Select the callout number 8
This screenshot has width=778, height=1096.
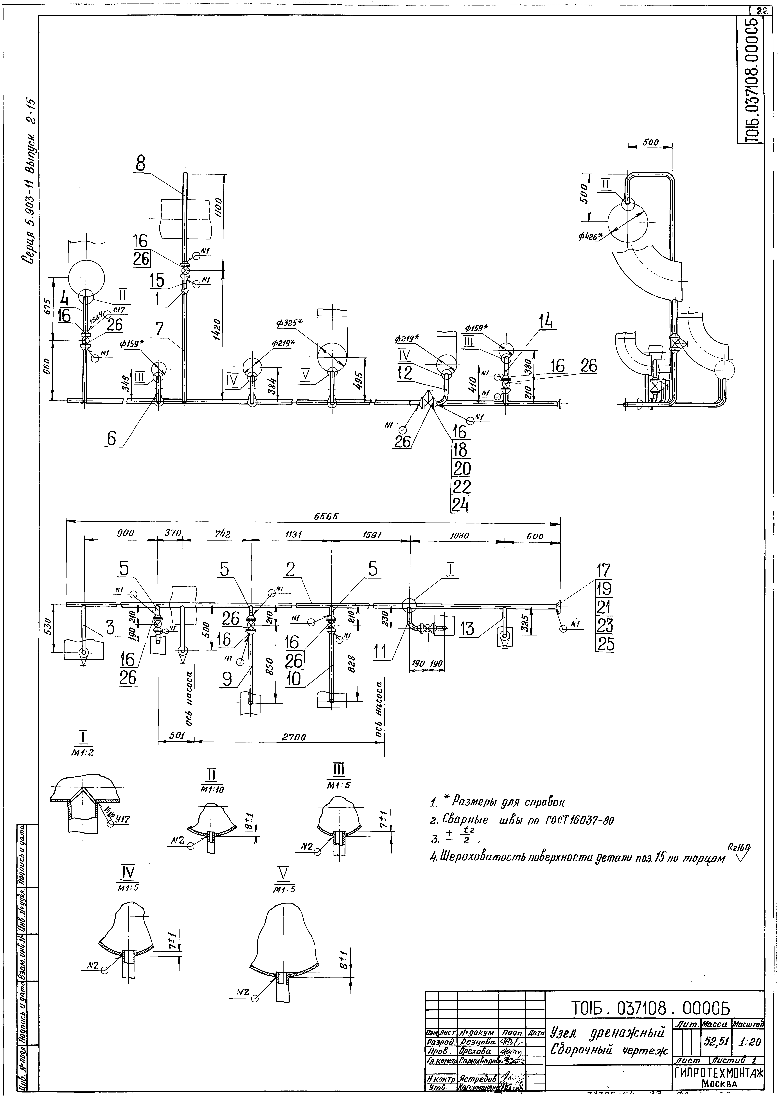(140, 164)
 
